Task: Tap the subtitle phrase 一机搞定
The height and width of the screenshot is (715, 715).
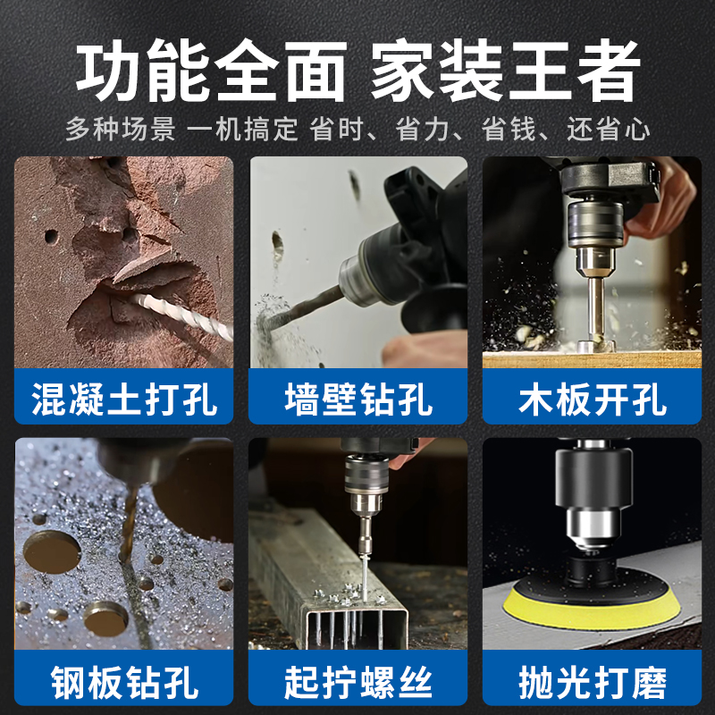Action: coord(242,130)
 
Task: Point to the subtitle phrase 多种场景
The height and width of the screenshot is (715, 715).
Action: coord(120,130)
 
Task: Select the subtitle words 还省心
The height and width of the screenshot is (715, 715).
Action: coord(609,130)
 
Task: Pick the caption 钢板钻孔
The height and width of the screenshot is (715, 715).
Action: coord(124,683)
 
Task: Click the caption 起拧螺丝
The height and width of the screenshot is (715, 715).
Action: coord(357,683)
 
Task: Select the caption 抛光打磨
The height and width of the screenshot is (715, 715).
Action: coord(592,683)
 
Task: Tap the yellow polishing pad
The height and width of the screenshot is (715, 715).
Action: coord(592,608)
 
